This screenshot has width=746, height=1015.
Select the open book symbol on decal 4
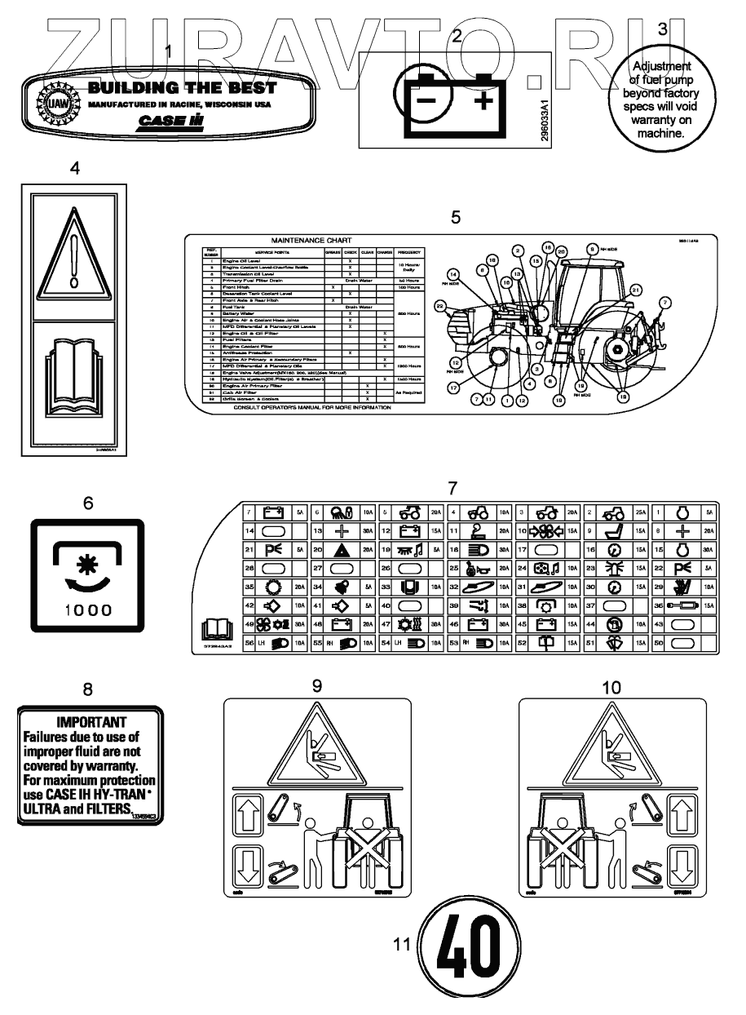[73, 376]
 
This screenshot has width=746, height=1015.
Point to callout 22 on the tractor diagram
[441, 306]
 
